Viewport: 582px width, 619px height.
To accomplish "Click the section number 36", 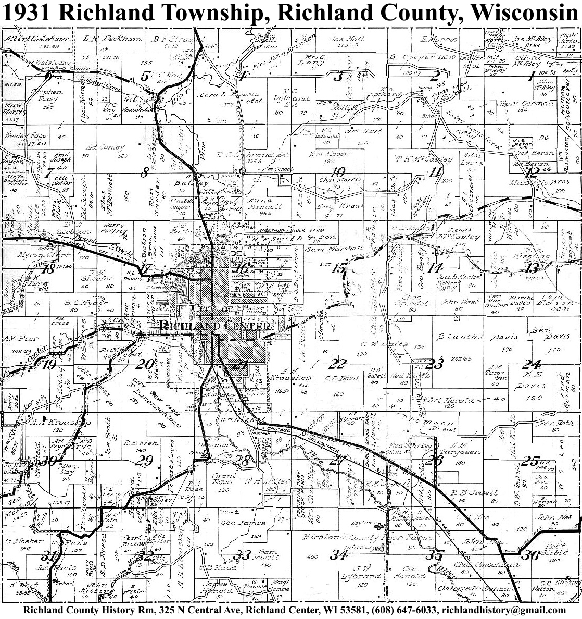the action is pos(530,555).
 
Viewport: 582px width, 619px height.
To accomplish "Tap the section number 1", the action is pos(532,77).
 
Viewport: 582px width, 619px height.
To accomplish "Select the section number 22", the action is pos(339,363).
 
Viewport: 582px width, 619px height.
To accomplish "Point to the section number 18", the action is pos(49,269).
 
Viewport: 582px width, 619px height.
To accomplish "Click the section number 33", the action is pos(243,554).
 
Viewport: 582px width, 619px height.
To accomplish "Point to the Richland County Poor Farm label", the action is pos(368,537).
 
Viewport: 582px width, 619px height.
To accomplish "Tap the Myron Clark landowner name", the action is pos(37,255).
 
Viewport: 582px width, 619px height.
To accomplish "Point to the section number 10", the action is pos(338,172).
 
